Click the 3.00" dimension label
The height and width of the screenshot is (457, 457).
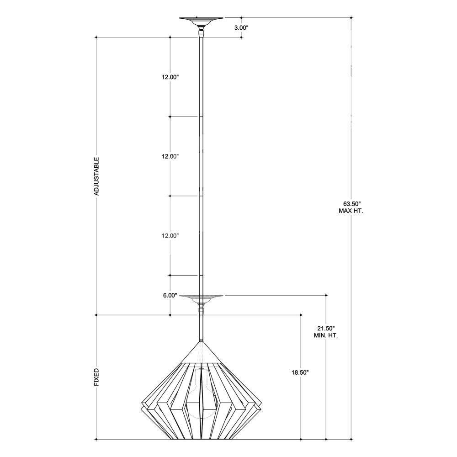[241, 28]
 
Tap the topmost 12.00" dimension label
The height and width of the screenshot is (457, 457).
[170, 77]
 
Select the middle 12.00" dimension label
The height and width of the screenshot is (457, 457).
[170, 156]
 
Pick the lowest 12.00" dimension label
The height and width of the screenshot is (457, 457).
[170, 236]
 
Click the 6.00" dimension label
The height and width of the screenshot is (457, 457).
[170, 295]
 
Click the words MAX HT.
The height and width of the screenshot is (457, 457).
[351, 211]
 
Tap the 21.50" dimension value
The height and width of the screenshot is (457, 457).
[326, 328]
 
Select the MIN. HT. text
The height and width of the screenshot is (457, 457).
[326, 335]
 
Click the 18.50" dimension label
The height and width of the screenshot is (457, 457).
[300, 372]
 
